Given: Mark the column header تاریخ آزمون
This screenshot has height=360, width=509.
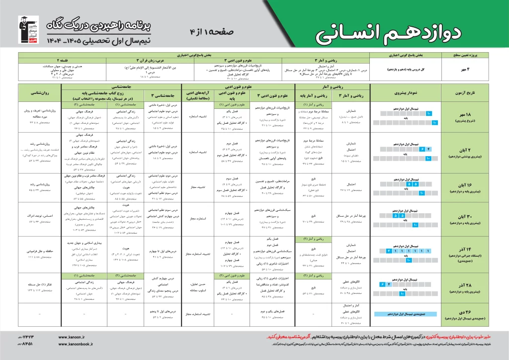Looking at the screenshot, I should [470, 93].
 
